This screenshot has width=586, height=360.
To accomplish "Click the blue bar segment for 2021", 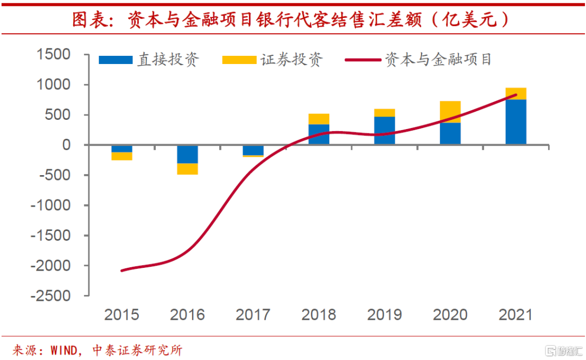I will click(515, 122).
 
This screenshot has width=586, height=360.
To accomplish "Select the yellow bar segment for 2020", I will click(450, 112).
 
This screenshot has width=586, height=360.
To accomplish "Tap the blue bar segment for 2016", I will click(188, 154).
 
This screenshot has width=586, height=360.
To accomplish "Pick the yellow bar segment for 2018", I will click(319, 119).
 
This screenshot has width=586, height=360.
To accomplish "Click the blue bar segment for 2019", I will click(385, 130).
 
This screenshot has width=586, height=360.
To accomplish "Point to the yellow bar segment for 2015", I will click(122, 156).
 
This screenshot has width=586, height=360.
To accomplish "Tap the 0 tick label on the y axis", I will click(66, 145).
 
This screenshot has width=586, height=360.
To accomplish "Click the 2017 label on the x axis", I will click(253, 315).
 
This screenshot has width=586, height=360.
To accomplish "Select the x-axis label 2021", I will click(515, 315).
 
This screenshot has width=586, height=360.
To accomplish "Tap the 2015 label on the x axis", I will click(122, 315).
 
